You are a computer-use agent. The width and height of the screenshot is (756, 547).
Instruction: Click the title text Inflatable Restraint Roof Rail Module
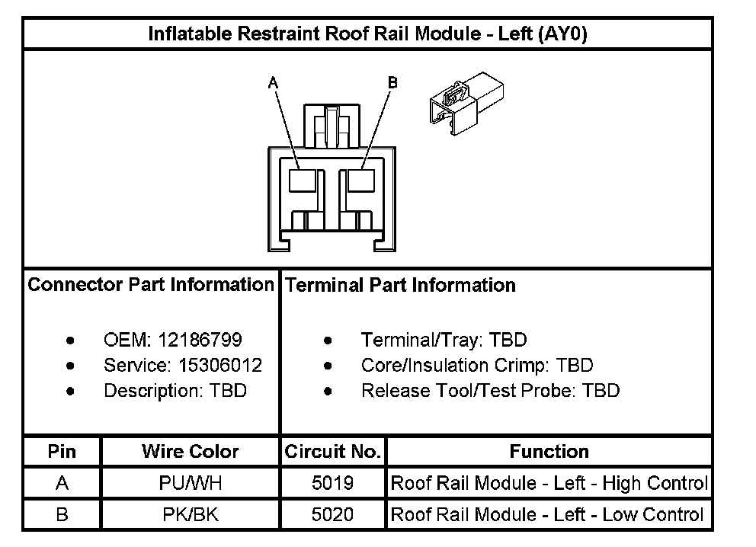pos(367,34)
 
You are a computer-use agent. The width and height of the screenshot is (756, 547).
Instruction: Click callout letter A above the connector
pos(272,84)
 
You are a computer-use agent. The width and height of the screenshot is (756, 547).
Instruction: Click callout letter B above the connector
pos(392,82)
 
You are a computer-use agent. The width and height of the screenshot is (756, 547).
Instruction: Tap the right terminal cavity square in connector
pos(360,181)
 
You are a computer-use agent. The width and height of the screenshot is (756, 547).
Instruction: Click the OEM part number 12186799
pos(210,340)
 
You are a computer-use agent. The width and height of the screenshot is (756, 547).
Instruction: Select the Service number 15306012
pos(220,366)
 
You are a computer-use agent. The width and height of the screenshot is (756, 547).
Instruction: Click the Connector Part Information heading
pos(151,285)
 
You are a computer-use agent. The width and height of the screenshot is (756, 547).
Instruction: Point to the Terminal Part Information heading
pos(400,285)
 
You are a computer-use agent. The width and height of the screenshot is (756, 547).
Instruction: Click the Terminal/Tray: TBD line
pos(444,340)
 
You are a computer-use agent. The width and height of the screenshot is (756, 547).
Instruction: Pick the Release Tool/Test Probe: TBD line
pos(490,391)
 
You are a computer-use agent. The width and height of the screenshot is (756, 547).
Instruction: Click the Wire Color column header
pos(190,452)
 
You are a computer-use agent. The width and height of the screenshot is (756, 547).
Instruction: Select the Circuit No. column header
pos(332,452)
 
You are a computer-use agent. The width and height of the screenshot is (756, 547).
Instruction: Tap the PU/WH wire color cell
pos(190,483)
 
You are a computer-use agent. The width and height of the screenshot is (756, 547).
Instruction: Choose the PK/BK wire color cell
pos(190,514)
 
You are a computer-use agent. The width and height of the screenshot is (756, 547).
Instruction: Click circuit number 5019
pos(332,483)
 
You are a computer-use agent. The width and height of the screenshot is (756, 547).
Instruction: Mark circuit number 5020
pos(332,514)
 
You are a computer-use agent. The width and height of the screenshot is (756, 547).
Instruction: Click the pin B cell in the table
pos(62,514)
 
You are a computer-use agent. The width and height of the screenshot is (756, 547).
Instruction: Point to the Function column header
pos(549,452)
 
